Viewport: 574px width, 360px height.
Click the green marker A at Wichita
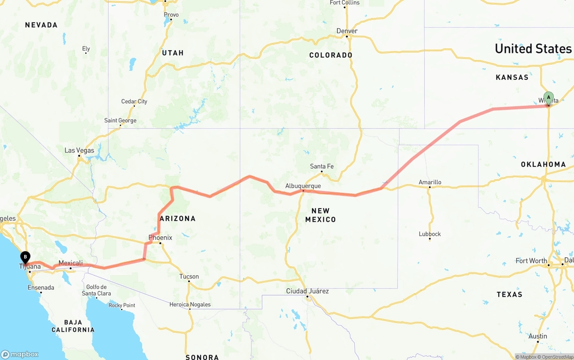click(548, 98)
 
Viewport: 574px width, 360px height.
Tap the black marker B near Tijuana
click(26, 257)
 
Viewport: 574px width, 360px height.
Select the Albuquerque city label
click(303, 186)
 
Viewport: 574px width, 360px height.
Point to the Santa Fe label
click(322, 166)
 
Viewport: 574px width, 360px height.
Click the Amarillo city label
click(430, 182)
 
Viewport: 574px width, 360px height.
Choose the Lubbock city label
click(430, 234)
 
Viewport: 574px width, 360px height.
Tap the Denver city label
click(347, 31)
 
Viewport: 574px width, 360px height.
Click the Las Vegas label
click(79, 150)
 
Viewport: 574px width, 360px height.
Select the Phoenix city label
click(161, 238)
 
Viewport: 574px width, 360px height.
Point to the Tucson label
click(189, 277)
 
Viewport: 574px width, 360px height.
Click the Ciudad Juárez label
click(308, 291)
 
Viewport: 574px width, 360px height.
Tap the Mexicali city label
click(71, 263)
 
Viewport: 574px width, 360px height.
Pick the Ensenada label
click(40, 287)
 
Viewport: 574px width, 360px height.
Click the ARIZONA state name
click(178, 219)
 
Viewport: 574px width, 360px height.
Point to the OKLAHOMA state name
click(543, 165)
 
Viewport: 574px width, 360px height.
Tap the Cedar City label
click(134, 101)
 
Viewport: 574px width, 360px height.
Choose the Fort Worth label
click(531, 260)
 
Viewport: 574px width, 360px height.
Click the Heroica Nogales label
click(190, 305)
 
